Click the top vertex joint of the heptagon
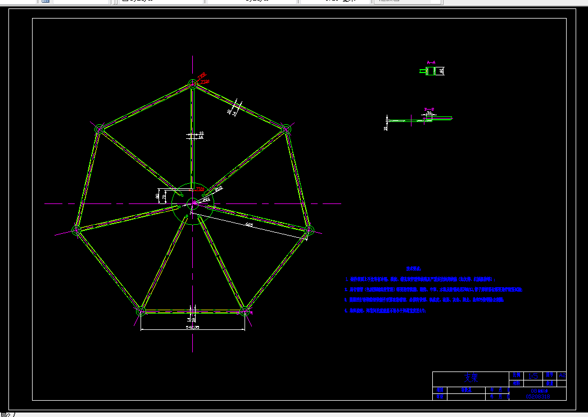tap(192, 84)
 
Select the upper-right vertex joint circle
tap(286, 129)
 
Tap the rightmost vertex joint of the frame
tap(309, 229)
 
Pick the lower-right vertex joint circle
tap(245, 310)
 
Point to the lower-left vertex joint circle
tap(141, 310)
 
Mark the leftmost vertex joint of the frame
tap(76, 229)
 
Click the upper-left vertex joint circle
tap(99, 129)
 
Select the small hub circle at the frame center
tap(192, 203)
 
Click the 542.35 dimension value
tap(192, 327)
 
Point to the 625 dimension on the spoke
tap(249, 225)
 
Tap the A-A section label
tap(431, 62)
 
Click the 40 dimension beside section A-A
tap(441, 71)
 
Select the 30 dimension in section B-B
tap(429, 113)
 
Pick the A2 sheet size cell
tap(562, 374)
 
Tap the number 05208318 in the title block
tap(537, 396)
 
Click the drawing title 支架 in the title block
tap(470, 377)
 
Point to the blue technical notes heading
tap(413, 269)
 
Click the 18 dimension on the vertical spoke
tap(201, 133)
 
